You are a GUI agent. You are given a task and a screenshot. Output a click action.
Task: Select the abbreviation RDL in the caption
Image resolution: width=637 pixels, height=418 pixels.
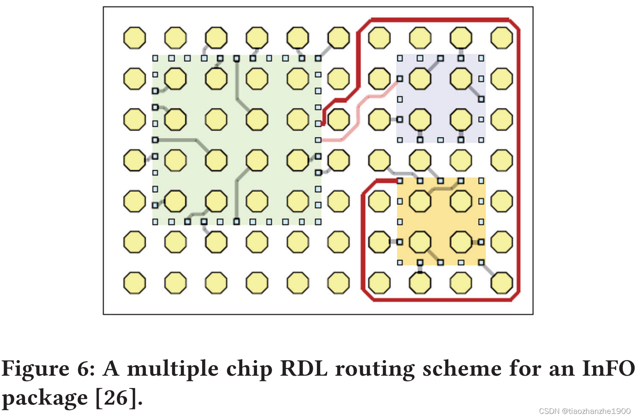tap(304, 368)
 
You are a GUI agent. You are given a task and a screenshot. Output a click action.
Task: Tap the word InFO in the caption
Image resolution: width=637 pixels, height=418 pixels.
tap(608, 368)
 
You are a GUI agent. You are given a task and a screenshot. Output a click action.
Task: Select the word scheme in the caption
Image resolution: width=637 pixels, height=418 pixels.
tap(462, 368)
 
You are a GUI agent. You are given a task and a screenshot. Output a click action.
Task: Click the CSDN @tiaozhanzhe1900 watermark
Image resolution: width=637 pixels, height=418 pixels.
tap(585, 411)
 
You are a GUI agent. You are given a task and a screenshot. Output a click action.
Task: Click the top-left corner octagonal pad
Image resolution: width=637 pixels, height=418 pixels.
tap(134, 38)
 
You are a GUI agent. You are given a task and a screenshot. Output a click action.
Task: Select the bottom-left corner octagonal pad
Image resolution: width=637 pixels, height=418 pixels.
tap(134, 283)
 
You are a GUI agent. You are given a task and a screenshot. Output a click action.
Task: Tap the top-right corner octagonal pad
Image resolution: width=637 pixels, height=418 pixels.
tap(502, 38)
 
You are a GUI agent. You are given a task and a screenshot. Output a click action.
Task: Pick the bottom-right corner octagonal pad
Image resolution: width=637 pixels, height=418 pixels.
tap(502, 283)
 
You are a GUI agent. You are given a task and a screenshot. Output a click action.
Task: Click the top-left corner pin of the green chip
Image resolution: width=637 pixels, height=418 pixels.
tap(155, 58)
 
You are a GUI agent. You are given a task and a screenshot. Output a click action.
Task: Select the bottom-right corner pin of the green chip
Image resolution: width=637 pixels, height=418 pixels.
tap(318, 222)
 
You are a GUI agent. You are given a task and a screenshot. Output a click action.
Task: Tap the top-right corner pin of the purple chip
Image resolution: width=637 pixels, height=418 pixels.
tap(481, 58)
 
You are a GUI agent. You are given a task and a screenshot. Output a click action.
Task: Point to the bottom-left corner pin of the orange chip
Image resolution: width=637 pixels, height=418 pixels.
tap(400, 263)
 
